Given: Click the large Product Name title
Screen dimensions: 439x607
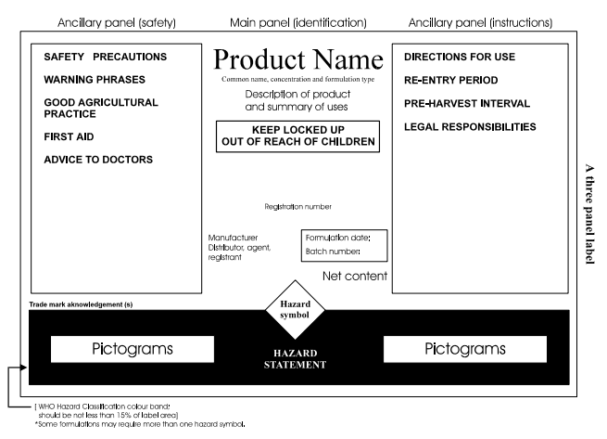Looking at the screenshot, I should click(297, 60).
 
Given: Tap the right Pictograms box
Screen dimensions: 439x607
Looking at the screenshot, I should click(465, 349).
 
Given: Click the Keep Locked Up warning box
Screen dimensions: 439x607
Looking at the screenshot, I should click(297, 136).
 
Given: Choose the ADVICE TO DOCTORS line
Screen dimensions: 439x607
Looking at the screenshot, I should click(95, 160).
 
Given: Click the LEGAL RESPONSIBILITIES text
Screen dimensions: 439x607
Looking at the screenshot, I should click(470, 126).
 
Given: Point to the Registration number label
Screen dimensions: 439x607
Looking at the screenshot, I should click(297, 206).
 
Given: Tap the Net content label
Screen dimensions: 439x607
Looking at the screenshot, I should click(355, 277).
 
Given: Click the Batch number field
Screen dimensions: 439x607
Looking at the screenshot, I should click(333, 252).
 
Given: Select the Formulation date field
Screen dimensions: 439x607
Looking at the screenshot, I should click(344, 238).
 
